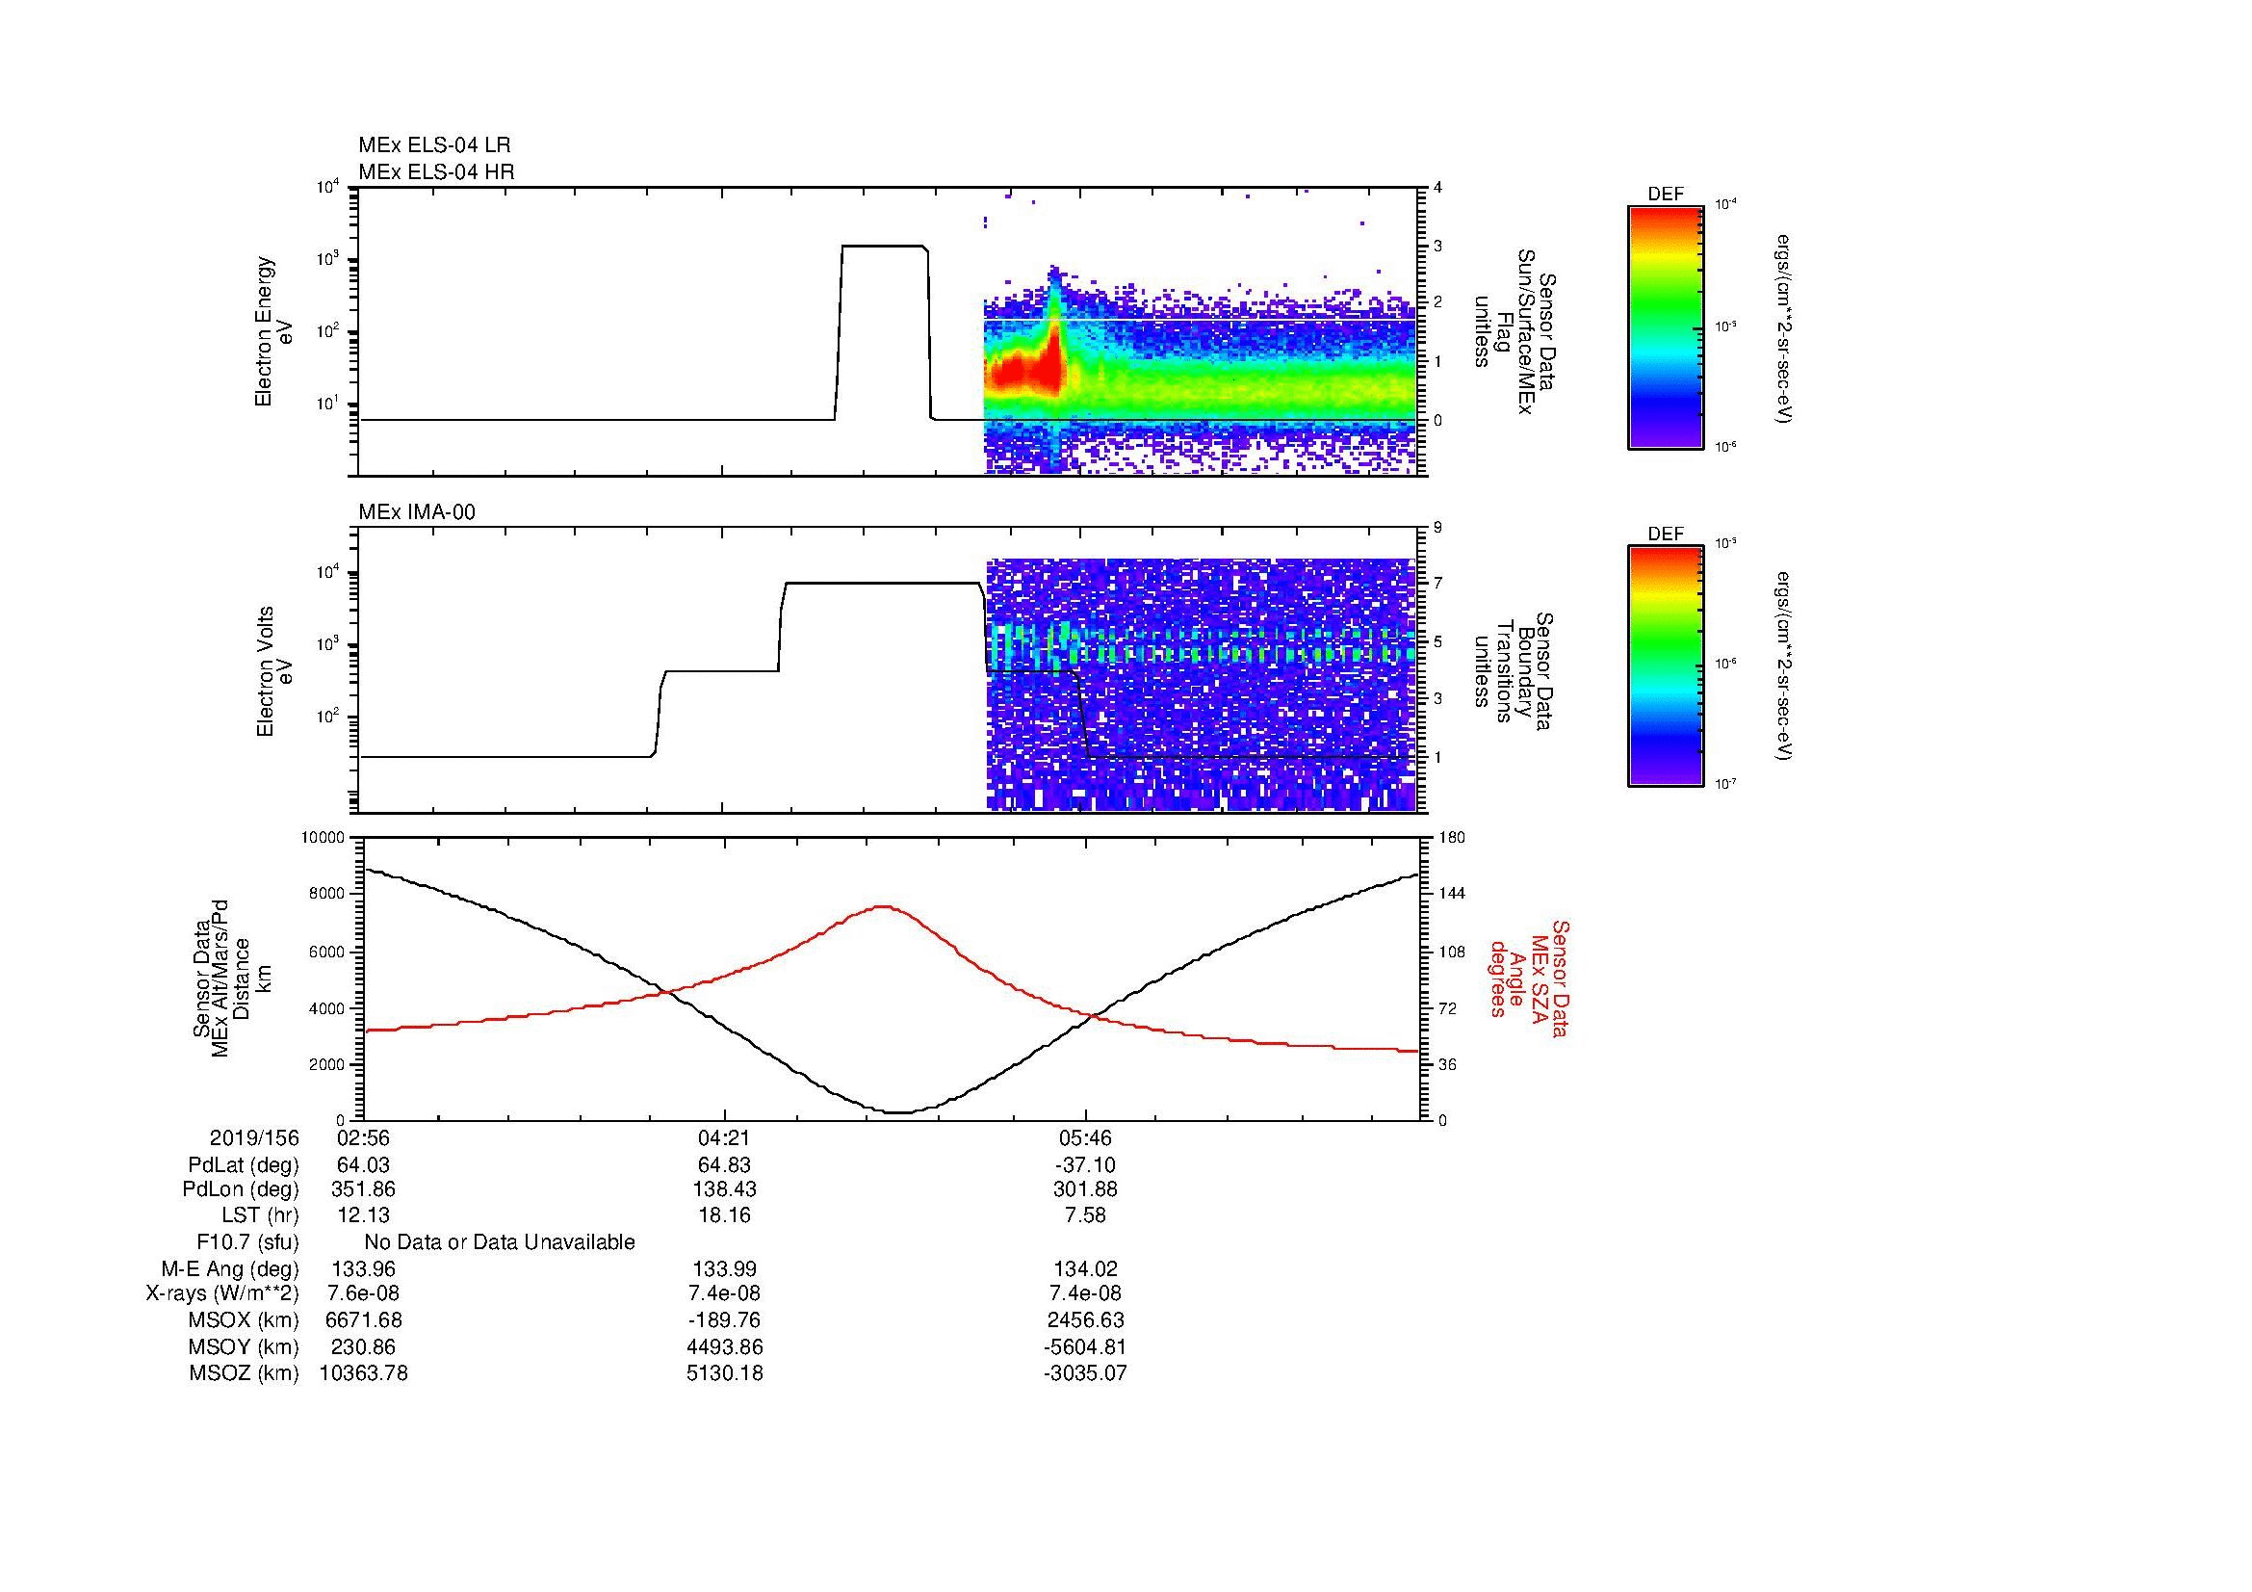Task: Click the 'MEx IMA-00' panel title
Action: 416,512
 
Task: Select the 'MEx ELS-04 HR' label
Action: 436,171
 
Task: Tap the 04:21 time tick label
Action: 724,1137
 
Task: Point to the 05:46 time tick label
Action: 1085,1137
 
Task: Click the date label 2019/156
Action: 254,1137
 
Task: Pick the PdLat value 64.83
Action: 724,1165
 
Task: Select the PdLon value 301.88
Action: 1085,1188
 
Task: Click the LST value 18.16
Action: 724,1215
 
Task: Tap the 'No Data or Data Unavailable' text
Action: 500,1241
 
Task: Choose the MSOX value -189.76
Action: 724,1320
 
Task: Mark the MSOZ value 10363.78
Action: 363,1373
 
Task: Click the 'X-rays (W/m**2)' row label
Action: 221,1293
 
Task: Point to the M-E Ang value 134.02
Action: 1085,1268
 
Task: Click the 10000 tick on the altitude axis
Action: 324,838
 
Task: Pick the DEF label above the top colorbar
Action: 1666,195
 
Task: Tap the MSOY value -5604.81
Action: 1085,1346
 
